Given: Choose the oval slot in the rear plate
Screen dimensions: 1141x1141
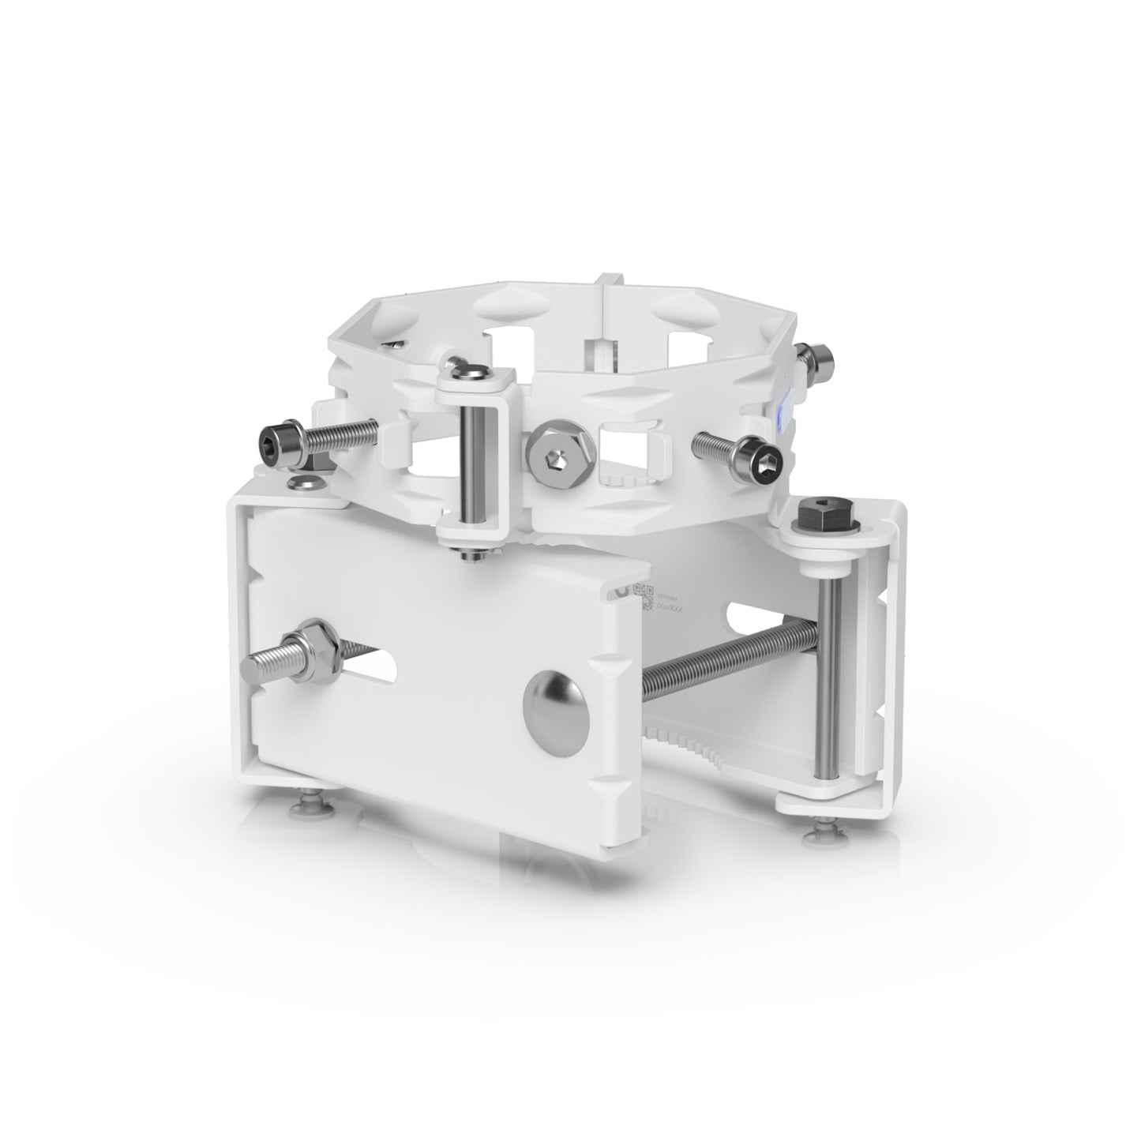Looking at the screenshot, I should (x=758, y=611).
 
